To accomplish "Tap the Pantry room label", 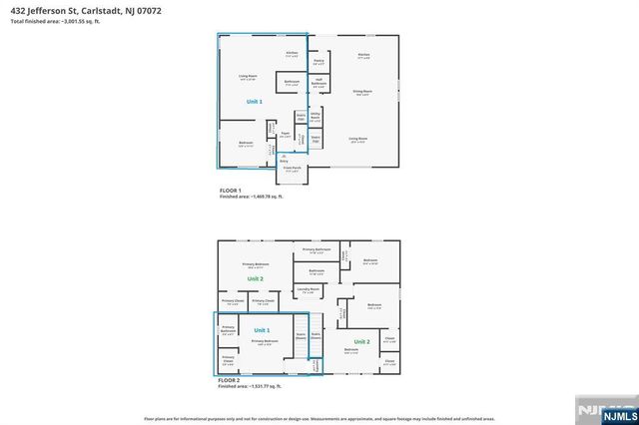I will tap(318, 61).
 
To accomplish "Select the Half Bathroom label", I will tap(317, 82).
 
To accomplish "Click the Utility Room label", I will tap(316, 118).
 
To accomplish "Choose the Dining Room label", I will tap(361, 92).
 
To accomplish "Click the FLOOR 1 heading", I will tap(231, 191).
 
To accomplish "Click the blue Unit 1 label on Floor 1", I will tap(254, 102).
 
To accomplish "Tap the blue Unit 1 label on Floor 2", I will tap(262, 329).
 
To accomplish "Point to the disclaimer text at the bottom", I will tap(319, 419).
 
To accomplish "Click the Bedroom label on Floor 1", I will tap(246, 143).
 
